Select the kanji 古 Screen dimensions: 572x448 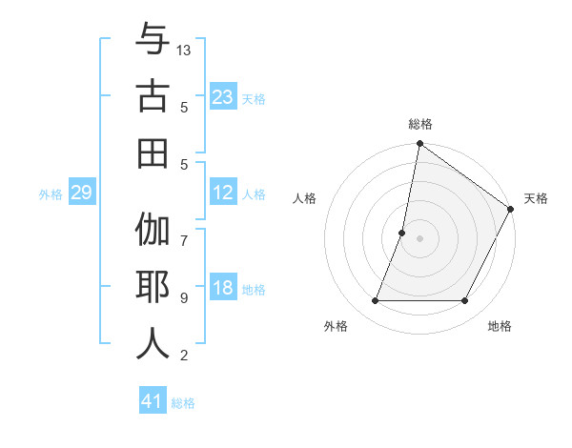pos(153,97)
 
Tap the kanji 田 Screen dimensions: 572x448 pos(153,153)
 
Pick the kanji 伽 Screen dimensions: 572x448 pos(153,232)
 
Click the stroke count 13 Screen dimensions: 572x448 pos(185,50)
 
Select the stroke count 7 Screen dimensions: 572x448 pos(184,232)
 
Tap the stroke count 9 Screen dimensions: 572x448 pos(184,298)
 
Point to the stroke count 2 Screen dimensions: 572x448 pos(184,356)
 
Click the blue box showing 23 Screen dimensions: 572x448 pos(223,97)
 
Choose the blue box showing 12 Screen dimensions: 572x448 pos(223,193)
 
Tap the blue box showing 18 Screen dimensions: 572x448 pos(223,288)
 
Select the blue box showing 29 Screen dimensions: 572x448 pos(81,193)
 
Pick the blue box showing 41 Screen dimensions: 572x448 pos(153,401)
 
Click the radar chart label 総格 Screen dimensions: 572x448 pos(420,125)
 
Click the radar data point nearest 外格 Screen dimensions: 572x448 pos(375,301)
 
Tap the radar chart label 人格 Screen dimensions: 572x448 pos(305,198)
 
